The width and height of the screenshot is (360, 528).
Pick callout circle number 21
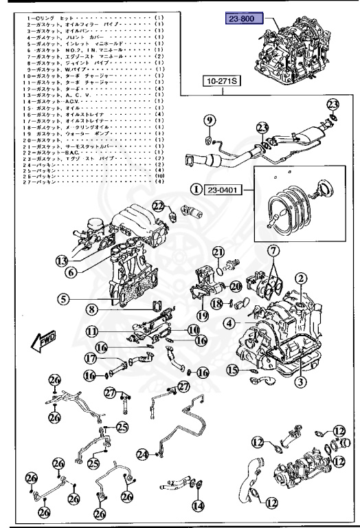click(218, 252)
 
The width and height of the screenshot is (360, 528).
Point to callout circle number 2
click(300, 278)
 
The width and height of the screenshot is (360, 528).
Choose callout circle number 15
click(234, 371)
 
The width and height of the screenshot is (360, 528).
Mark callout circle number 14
click(199, 507)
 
